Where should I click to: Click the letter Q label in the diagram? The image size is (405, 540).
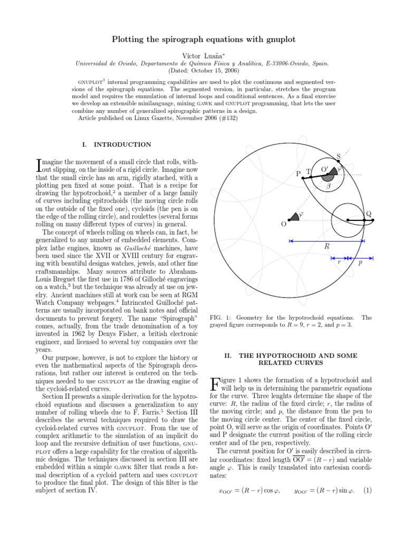(369, 214)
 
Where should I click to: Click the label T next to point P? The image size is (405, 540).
(308, 171)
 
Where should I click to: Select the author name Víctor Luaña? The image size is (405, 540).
(202, 54)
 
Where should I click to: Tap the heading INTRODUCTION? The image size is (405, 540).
(124, 144)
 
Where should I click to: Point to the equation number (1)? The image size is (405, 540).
(367, 490)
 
